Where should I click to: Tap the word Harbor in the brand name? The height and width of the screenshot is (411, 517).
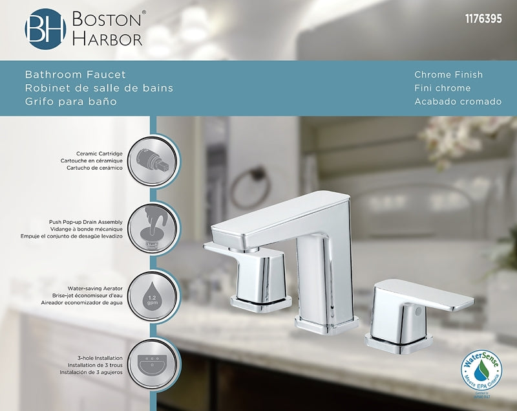pyautogui.click(x=107, y=39)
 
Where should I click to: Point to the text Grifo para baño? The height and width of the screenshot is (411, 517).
pyautogui.click(x=71, y=102)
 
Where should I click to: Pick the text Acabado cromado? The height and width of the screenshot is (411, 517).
pyautogui.click(x=458, y=102)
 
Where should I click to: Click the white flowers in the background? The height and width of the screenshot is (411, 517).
pyautogui.click(x=452, y=139)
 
